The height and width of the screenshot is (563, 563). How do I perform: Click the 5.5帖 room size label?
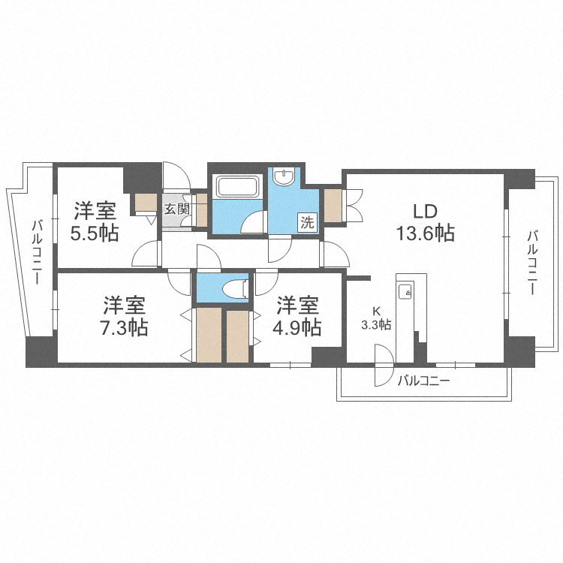point(95,233)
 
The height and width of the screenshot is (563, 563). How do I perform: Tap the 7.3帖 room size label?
point(125,327)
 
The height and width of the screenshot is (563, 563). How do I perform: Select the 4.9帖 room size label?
point(298,327)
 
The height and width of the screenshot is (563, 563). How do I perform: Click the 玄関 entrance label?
point(176,209)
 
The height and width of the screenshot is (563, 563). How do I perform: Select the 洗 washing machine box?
point(308,221)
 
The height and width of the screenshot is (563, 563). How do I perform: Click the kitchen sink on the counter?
point(405,291)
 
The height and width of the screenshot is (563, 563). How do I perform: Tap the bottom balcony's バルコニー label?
point(423,381)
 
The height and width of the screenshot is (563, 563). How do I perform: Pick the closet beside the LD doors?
point(332,204)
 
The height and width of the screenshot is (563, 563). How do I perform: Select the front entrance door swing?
point(177,176)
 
